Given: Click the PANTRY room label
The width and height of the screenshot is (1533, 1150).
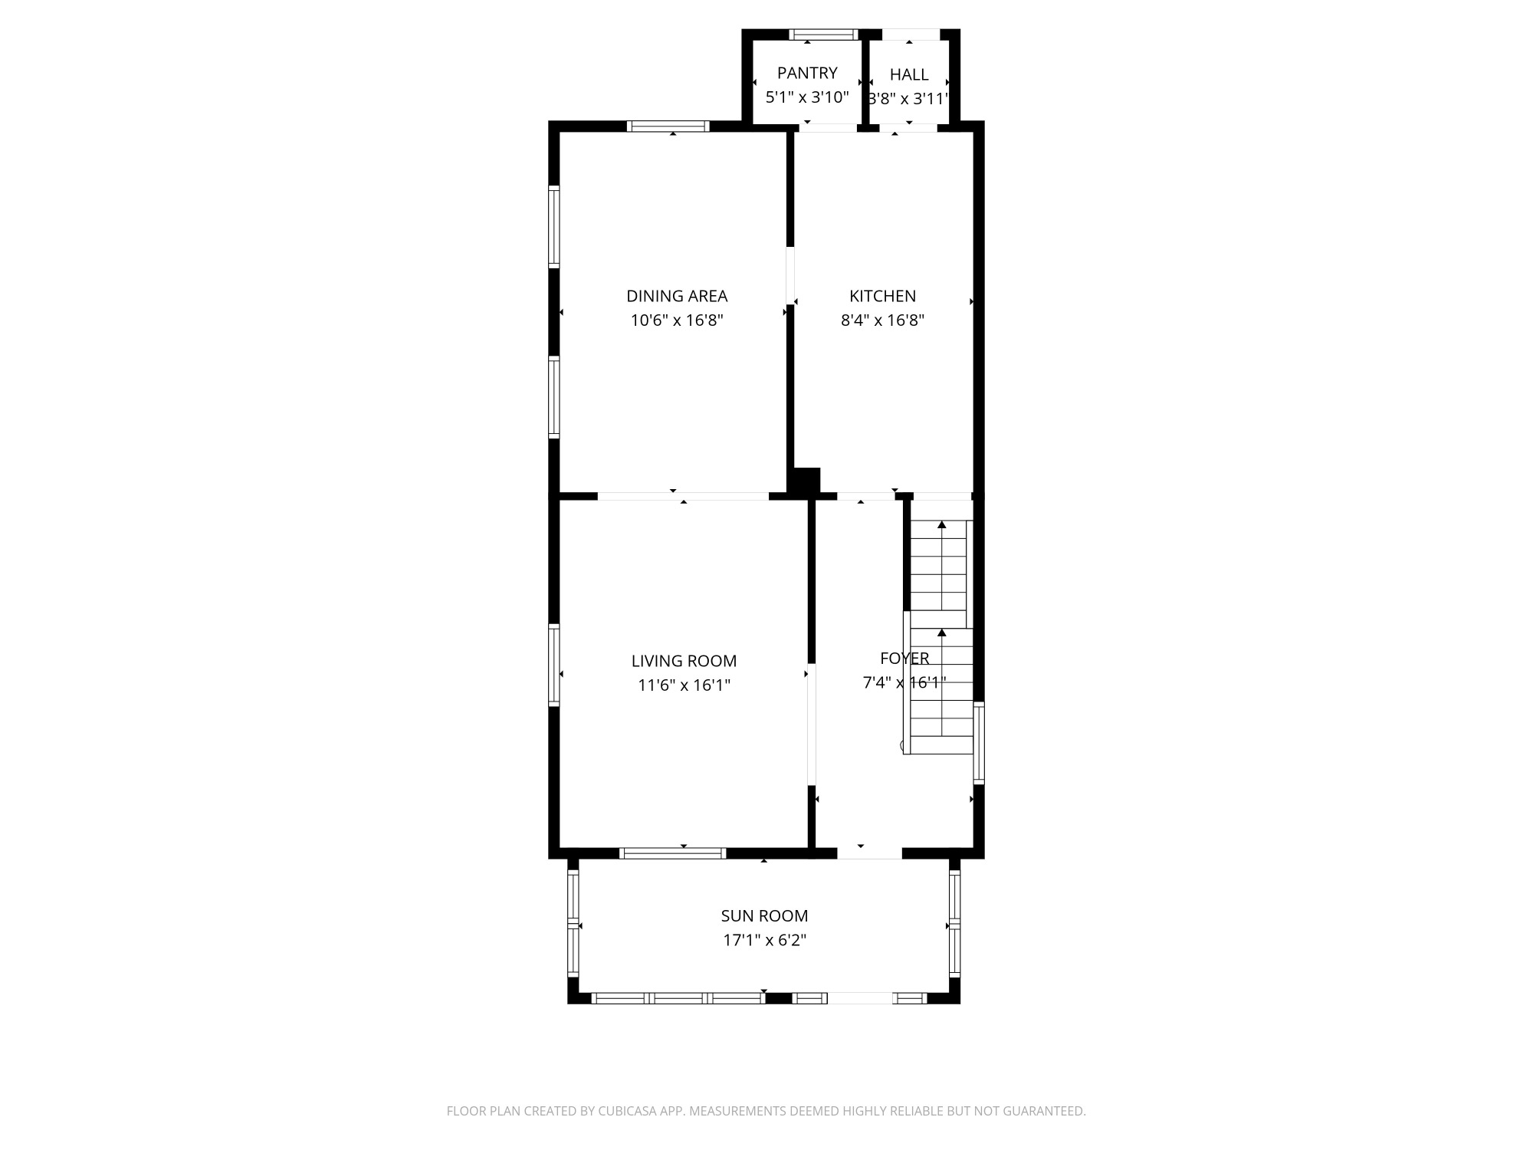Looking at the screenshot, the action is [807, 73].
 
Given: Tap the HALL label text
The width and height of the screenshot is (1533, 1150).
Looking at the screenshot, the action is [909, 74].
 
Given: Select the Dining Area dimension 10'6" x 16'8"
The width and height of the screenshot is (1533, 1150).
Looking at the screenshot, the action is [677, 320].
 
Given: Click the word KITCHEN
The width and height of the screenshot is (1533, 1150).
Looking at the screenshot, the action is [882, 296].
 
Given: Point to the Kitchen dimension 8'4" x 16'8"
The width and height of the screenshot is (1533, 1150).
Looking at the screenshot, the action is [882, 320].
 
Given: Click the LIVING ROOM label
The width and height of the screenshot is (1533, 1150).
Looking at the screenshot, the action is [684, 661].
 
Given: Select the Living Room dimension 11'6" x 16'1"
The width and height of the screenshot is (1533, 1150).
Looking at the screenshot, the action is [684, 685].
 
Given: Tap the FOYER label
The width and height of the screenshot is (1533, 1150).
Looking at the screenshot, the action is [904, 658].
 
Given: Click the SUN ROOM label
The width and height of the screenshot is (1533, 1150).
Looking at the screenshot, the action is [764, 915].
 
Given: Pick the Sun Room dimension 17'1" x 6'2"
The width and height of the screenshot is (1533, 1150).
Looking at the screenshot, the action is [764, 940].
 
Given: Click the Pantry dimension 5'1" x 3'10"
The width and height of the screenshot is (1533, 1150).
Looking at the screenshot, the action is [807, 97].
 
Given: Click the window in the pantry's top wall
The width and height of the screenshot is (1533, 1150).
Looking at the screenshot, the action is [823, 34].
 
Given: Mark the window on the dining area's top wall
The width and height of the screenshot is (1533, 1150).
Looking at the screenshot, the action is [668, 127].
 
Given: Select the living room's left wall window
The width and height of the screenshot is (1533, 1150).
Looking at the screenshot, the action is [553, 665].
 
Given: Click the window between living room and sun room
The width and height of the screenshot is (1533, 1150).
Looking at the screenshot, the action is [672, 853].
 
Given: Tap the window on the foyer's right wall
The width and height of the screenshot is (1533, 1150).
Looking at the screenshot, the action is [979, 742].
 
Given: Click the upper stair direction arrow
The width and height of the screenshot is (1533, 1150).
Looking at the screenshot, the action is [942, 525].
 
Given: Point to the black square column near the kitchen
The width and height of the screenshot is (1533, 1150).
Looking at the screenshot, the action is [805, 481].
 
